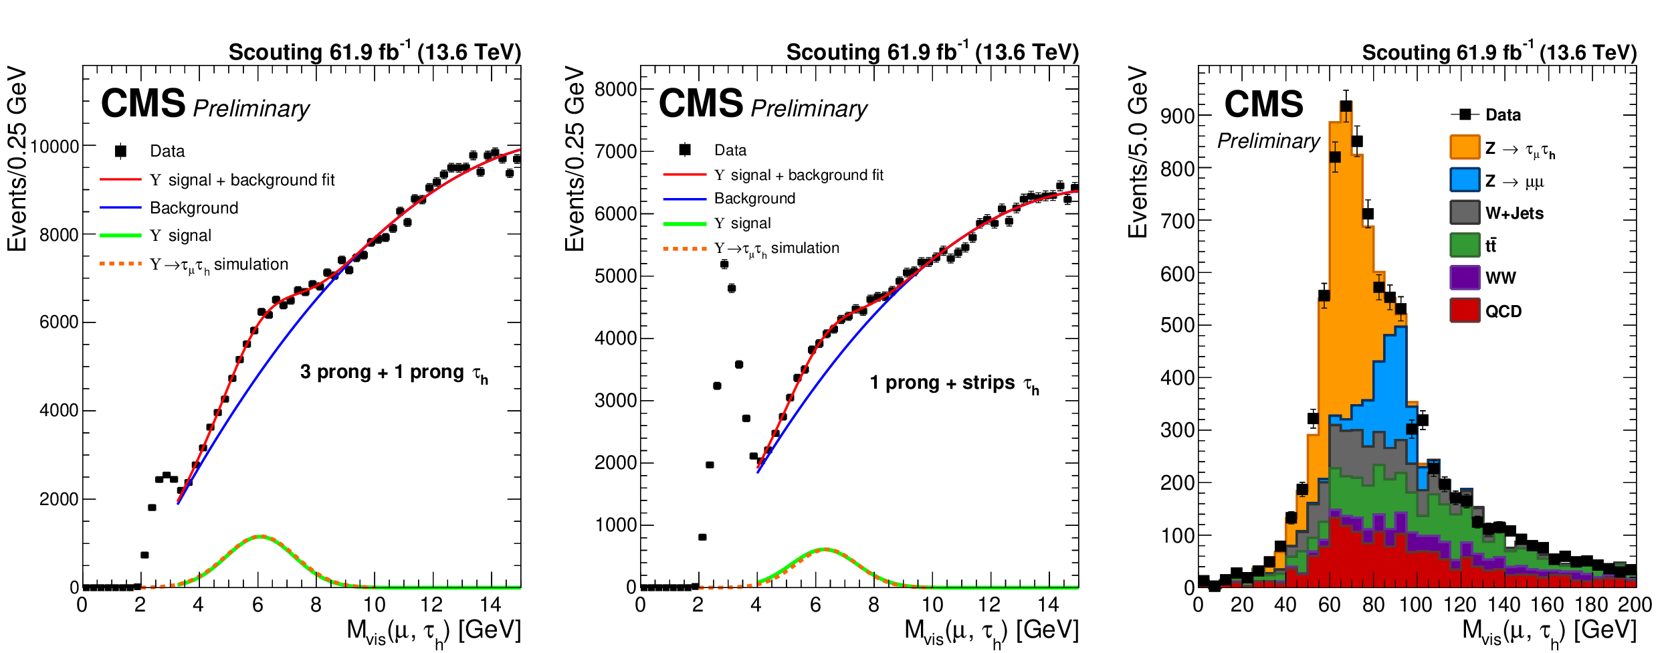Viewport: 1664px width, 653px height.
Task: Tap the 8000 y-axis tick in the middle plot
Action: click(615, 89)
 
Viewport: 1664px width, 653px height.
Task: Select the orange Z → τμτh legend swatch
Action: click(1464, 147)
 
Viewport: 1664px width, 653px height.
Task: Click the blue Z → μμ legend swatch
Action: click(1464, 180)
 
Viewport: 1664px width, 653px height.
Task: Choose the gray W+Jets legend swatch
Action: click(1464, 212)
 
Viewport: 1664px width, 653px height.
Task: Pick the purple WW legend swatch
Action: click(1464, 277)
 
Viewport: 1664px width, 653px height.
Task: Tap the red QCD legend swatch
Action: click(1464, 310)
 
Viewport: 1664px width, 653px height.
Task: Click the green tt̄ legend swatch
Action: click(1464, 245)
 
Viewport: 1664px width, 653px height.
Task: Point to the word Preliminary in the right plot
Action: click(1268, 141)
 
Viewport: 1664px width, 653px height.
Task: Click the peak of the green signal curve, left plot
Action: click(259, 536)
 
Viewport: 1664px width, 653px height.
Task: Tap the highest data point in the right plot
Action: click(1346, 106)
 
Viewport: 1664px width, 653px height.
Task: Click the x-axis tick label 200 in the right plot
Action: click(1634, 605)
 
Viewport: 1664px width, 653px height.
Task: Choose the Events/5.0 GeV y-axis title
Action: click(1138, 152)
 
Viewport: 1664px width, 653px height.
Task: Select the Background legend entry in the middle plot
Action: click(754, 199)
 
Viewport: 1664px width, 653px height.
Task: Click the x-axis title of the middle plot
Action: click(991, 631)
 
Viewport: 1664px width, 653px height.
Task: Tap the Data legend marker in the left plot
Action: click(120, 151)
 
